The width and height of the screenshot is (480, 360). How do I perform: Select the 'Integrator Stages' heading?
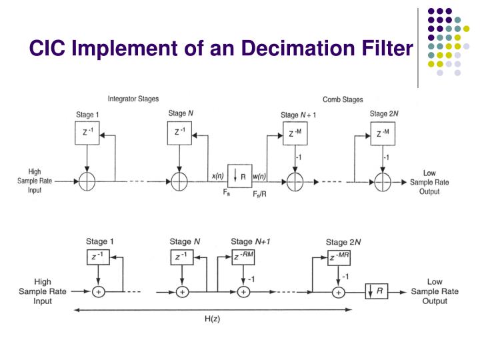pos(133,99)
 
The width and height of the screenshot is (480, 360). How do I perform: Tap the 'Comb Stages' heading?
pos(343,99)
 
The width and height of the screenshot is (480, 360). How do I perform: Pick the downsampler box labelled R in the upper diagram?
pos(240,177)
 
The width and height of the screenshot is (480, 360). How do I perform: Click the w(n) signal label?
pos(260,176)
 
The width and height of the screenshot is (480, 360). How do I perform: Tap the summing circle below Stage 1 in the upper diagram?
pos(87,180)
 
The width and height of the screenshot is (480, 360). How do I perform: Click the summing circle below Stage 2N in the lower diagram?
pos(339,291)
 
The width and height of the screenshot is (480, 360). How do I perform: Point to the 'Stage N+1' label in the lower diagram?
pos(251,241)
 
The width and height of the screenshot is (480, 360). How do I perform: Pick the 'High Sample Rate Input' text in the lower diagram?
pos(42,291)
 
